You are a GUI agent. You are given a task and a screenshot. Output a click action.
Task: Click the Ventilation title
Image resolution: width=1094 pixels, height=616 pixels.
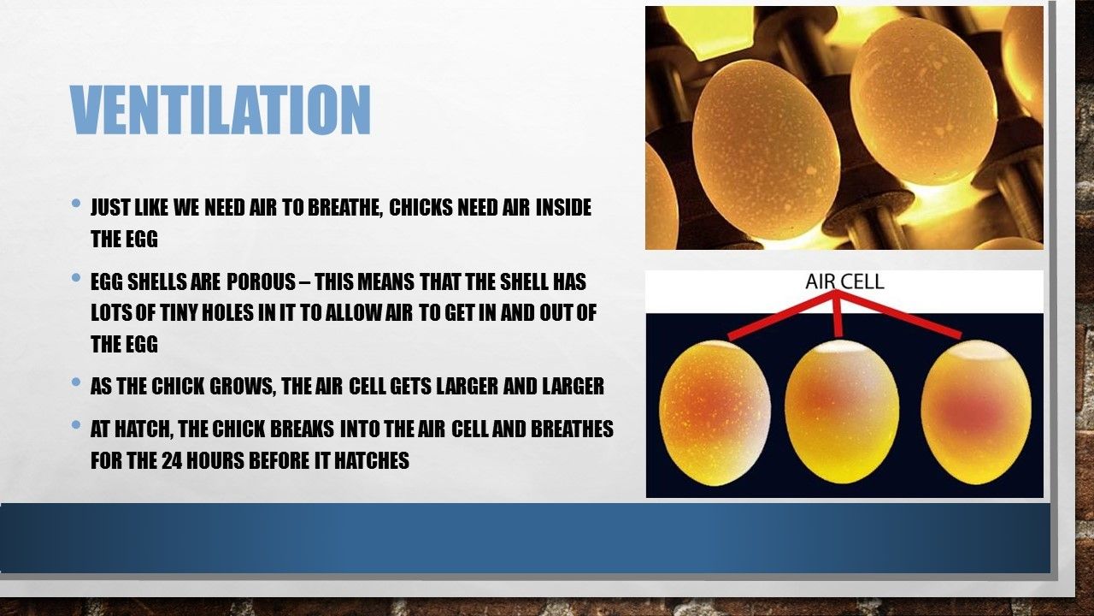[x=221, y=110]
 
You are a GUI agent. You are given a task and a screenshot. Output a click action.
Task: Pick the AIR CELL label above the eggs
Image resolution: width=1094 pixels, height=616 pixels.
[x=844, y=281]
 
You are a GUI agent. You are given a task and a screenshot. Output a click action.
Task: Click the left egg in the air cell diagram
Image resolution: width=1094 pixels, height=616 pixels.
[x=715, y=413]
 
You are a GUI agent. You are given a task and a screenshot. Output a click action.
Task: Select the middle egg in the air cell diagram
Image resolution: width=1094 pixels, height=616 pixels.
[x=842, y=412]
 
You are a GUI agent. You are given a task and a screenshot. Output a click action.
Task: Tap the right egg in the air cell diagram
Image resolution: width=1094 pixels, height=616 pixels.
[x=976, y=412]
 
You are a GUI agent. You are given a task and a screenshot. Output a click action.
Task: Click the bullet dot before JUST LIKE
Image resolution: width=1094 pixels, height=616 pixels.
[x=76, y=203]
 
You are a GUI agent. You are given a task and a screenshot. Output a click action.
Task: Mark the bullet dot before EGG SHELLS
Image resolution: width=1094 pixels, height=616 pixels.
[x=76, y=278]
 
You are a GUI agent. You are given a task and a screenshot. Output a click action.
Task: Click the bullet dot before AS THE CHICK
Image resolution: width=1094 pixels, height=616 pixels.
[x=76, y=382]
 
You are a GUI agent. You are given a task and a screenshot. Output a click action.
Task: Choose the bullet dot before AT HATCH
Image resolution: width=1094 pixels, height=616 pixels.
[x=76, y=425]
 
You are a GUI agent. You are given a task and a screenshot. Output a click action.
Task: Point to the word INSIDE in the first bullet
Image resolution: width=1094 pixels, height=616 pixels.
[x=563, y=207]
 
